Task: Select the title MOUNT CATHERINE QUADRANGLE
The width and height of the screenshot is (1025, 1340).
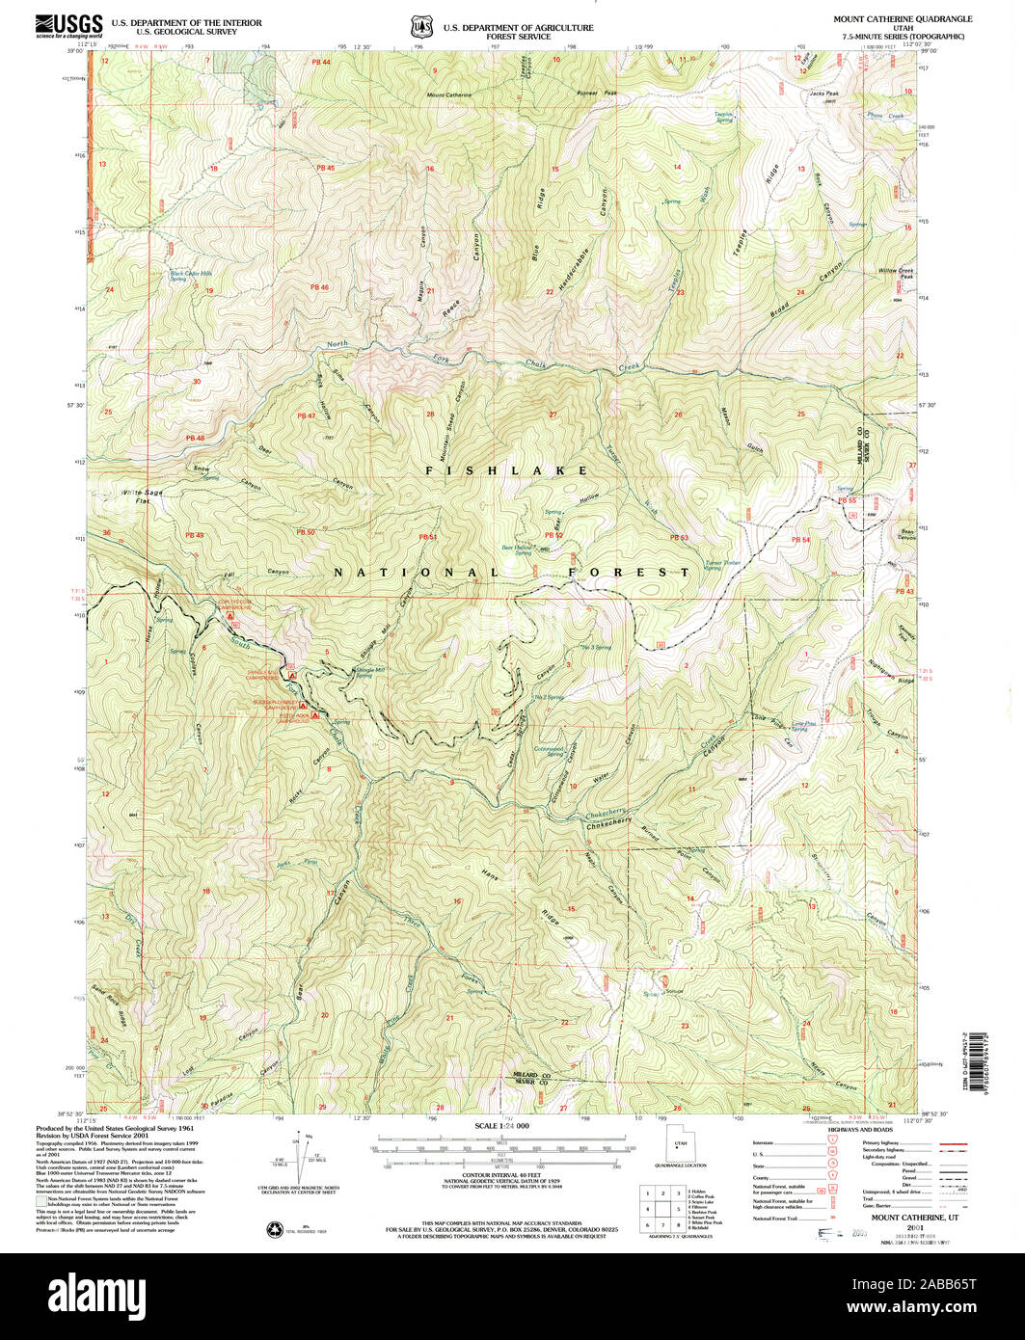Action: tap(904, 19)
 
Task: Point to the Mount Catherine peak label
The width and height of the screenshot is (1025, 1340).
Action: tap(449, 95)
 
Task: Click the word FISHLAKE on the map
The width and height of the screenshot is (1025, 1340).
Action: tap(507, 470)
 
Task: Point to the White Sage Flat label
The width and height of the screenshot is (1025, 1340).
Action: tap(136, 496)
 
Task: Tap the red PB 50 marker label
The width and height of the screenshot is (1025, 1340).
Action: tap(306, 532)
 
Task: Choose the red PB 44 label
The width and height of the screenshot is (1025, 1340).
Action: tap(321, 63)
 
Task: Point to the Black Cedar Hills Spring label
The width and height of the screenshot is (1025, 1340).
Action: tap(191, 275)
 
